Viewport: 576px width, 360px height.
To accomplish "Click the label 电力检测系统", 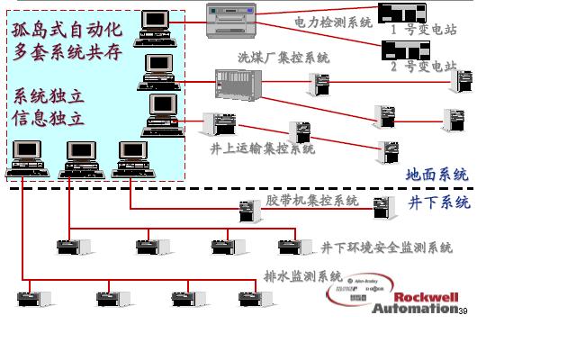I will [332, 22].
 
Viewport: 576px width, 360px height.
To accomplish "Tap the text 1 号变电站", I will [423, 30].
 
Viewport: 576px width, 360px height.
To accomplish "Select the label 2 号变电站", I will [423, 67].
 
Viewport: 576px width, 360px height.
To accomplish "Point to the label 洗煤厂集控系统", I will [283, 58].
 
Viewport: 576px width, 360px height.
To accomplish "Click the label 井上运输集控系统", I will [262, 148].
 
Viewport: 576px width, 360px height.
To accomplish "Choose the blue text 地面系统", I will [436, 174].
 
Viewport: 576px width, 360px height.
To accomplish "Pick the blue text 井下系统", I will [439, 202].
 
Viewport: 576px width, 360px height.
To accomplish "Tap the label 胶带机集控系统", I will [311, 200].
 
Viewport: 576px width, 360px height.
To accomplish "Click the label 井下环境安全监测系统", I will [386, 247].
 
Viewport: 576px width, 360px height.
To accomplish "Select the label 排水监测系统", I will [302, 276].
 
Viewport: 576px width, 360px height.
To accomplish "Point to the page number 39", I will [463, 311].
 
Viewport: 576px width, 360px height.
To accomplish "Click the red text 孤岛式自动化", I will [67, 29].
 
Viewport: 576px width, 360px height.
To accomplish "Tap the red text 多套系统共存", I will [67, 52].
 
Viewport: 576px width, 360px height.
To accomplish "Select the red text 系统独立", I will [49, 95].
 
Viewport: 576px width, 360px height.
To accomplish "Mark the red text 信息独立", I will [49, 118].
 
